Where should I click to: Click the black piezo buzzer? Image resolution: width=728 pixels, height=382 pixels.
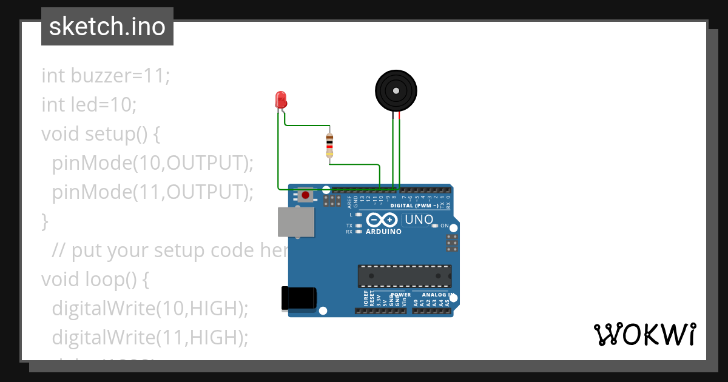click(396, 91)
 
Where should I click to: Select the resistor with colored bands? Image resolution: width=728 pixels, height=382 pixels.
click(329, 146)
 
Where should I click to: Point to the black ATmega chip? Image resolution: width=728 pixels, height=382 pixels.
click(404, 275)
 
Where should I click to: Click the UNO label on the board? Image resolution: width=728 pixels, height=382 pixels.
click(419, 219)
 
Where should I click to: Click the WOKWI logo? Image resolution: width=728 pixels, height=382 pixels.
click(644, 334)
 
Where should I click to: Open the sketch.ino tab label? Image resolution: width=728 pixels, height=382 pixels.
click(107, 27)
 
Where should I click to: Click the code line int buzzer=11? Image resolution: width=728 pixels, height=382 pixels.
click(106, 76)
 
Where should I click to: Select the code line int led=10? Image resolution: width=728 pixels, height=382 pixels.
click(89, 105)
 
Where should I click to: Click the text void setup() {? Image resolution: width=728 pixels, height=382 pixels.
click(101, 133)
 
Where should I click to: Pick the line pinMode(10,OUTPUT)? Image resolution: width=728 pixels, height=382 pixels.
click(152, 163)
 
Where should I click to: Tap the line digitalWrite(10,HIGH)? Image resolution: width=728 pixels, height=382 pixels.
click(150, 308)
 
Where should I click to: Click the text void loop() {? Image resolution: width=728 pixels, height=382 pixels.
click(95, 279)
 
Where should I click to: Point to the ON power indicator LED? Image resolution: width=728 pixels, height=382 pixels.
click(435, 226)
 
